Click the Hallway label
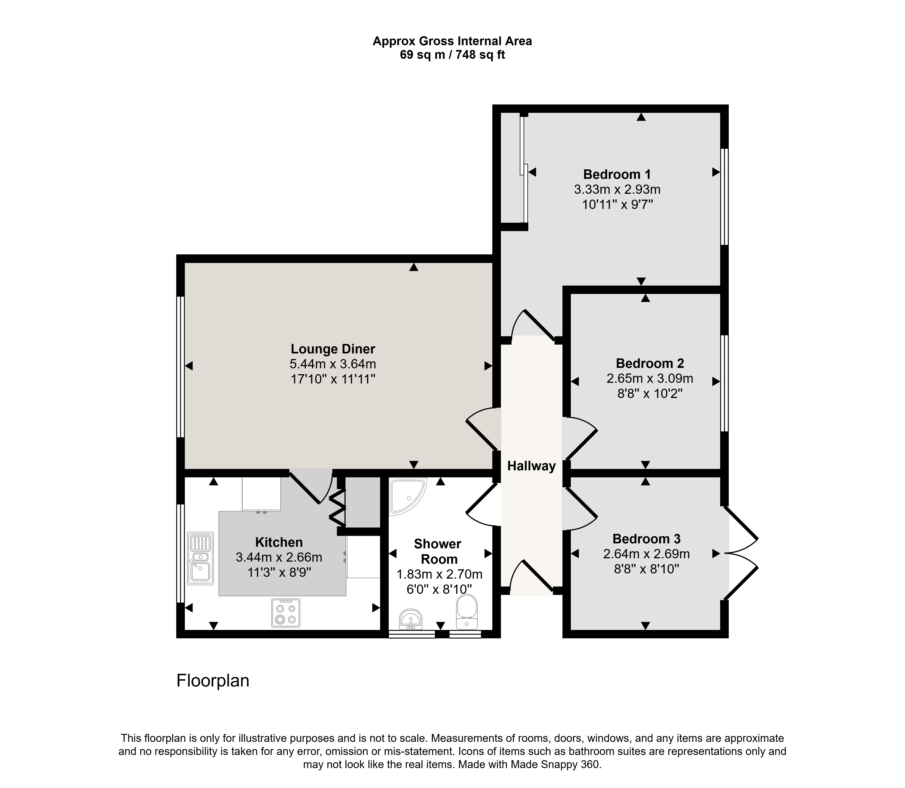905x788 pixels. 531,466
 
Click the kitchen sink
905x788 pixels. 201,558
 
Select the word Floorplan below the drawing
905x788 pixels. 213,681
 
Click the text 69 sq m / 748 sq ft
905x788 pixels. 452,55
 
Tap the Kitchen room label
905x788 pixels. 279,542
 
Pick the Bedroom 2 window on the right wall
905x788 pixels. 724,383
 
